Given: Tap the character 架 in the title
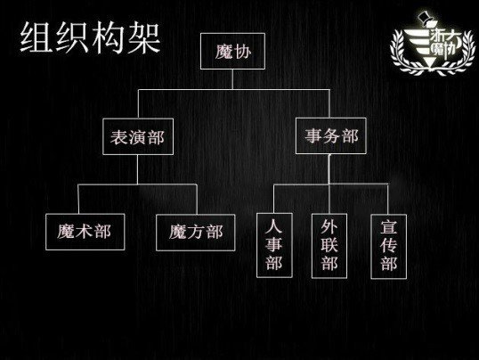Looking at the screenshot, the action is pos(144,37).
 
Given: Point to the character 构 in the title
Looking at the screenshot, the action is pos(109,37).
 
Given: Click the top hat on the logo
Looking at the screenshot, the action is pos(425,18).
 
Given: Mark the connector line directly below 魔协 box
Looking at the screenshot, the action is pos(232,79).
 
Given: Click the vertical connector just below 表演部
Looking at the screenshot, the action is pos(137,169).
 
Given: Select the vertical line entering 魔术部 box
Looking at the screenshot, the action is pos(78,199).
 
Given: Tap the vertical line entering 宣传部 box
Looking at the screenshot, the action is pos(387,199).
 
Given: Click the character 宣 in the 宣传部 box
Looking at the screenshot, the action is pos(388,227).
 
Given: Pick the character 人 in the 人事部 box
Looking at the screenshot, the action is pos(273,225).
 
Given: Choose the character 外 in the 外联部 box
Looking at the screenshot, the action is pos(329,227).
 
